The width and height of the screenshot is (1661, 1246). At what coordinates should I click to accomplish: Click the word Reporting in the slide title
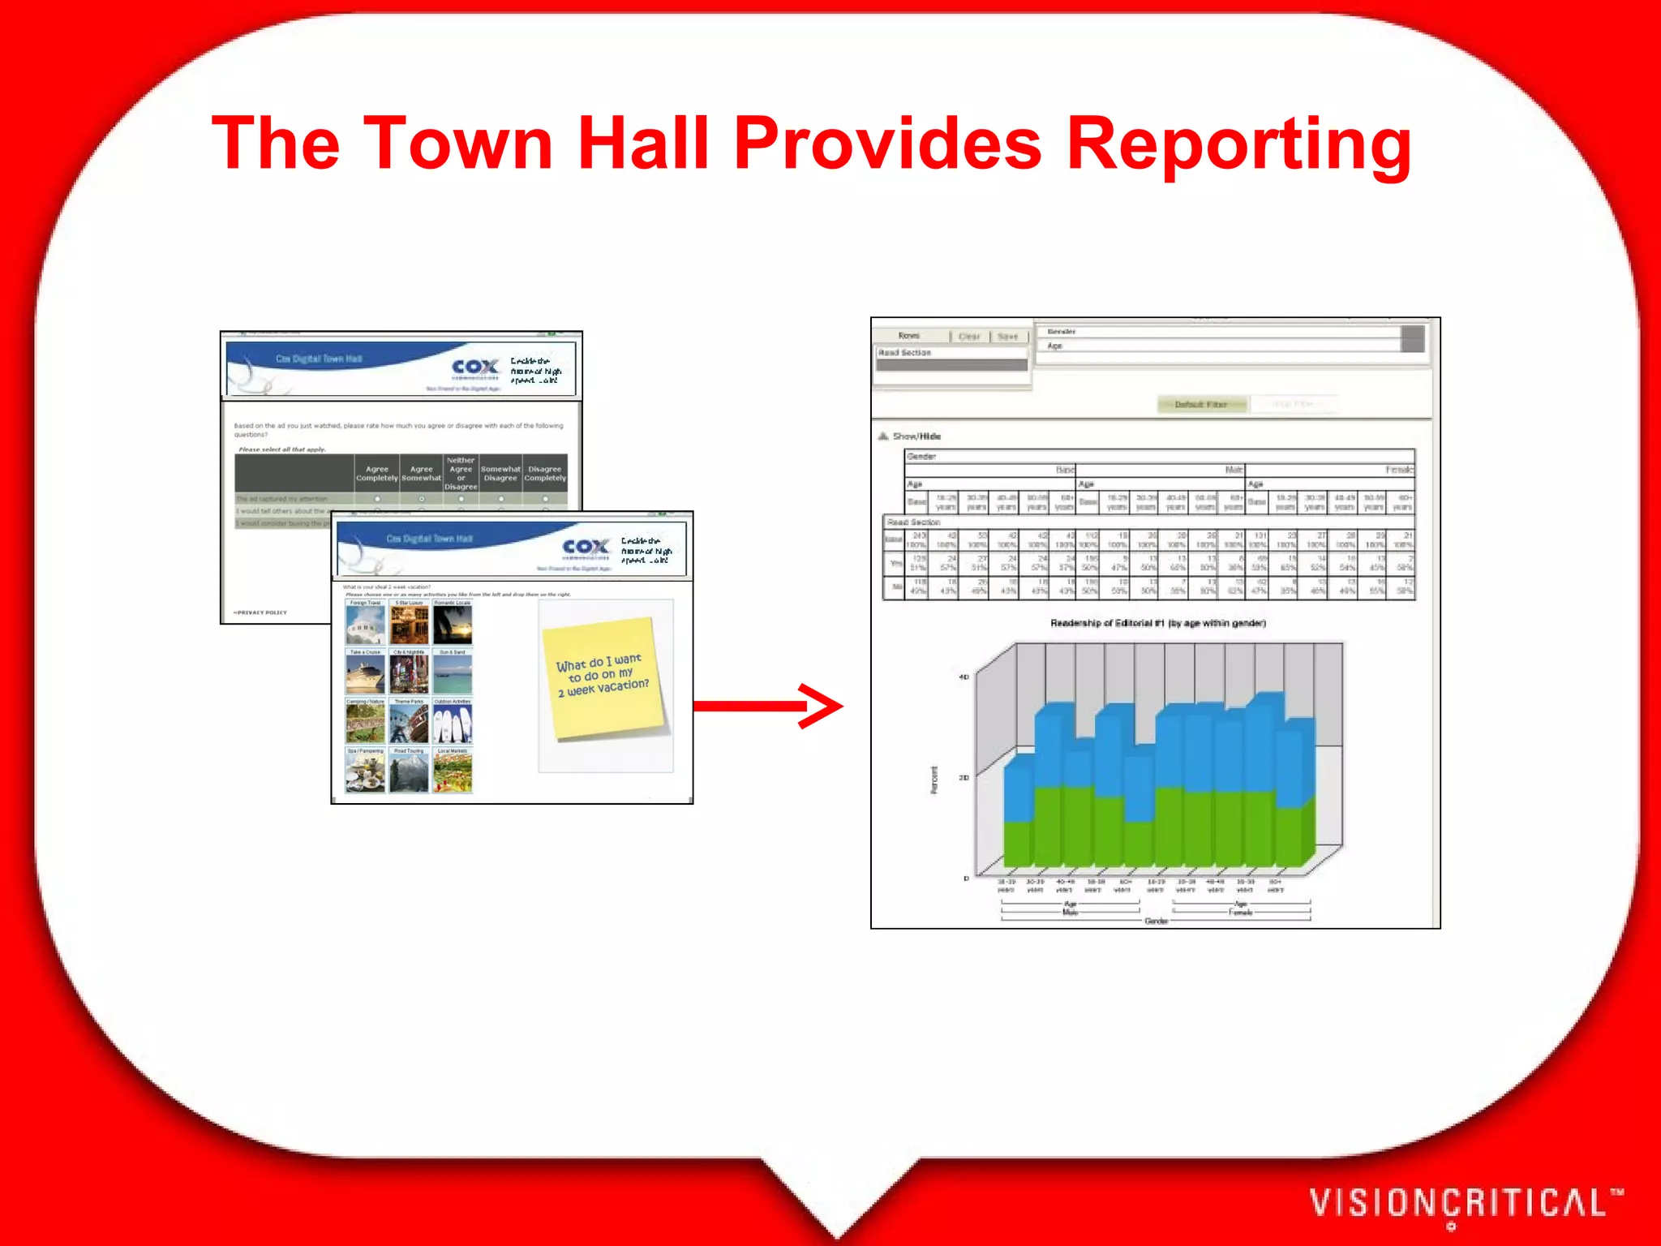click(x=1238, y=144)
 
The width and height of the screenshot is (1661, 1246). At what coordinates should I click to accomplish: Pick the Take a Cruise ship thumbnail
click(x=365, y=673)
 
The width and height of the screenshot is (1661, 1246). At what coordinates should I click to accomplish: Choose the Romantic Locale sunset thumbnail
click(x=453, y=624)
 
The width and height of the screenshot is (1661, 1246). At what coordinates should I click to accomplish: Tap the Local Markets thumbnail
click(x=453, y=772)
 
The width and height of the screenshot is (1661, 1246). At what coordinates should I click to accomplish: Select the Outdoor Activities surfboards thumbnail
click(x=453, y=723)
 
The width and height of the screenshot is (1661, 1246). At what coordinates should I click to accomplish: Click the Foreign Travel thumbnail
click(x=365, y=624)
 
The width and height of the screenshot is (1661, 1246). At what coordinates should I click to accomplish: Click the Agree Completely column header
click(x=376, y=474)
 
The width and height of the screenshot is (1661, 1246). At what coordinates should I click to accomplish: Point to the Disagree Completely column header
click(x=545, y=474)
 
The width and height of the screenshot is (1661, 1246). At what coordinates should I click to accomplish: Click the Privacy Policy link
click(x=261, y=612)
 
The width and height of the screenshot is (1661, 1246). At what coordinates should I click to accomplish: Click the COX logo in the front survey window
click(x=586, y=548)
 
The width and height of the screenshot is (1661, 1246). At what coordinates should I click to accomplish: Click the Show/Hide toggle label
click(x=916, y=436)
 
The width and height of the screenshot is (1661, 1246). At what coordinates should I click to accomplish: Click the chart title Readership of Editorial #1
click(x=1157, y=623)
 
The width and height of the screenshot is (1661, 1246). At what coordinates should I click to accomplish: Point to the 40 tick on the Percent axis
click(x=964, y=677)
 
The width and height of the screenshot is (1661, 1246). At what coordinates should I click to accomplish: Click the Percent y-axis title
click(x=934, y=780)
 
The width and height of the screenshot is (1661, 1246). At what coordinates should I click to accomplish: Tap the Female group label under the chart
click(x=1241, y=913)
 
